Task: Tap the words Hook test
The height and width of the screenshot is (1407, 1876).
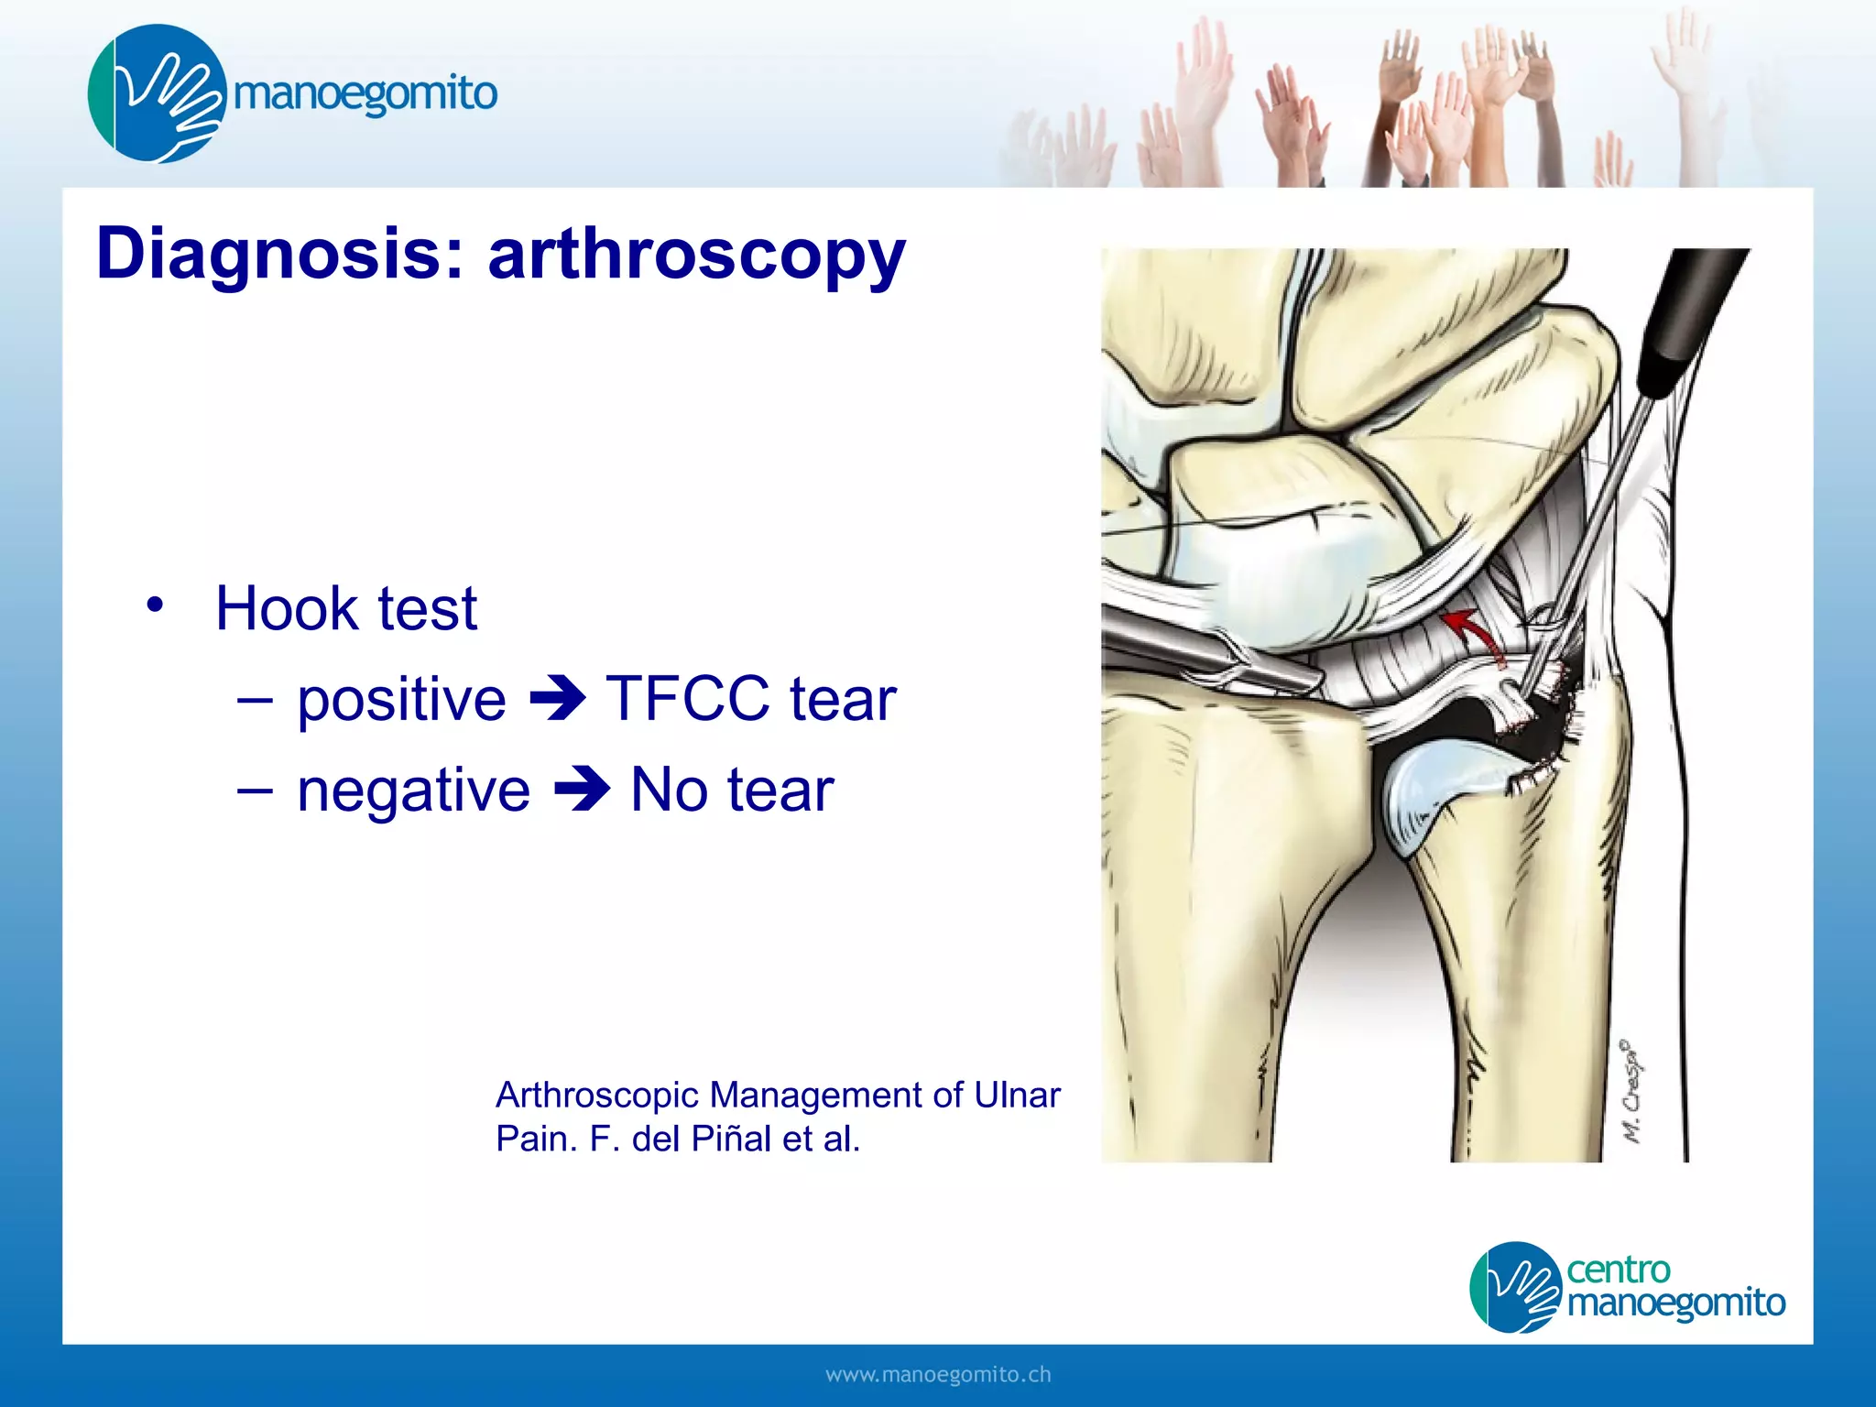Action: point(346,608)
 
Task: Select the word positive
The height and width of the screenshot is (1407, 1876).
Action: point(401,700)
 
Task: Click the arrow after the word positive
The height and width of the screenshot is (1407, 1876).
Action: point(557,700)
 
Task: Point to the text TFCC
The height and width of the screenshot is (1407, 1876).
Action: point(687,700)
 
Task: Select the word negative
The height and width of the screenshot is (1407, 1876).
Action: point(413,791)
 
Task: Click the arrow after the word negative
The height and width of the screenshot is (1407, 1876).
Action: point(582,791)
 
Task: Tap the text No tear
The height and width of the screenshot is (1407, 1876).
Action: point(732,791)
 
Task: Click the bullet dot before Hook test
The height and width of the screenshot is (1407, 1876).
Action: point(155,605)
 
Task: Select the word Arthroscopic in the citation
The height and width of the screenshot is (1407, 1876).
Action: point(596,1095)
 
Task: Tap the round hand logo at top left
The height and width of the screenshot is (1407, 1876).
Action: point(156,93)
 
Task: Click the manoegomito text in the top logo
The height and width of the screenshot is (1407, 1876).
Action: point(365,93)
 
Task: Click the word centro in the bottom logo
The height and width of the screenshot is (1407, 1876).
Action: point(1618,1270)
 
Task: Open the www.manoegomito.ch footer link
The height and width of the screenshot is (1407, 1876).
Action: point(938,1375)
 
